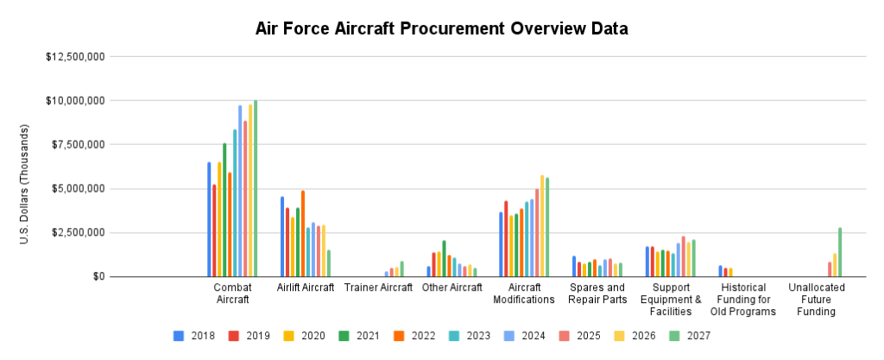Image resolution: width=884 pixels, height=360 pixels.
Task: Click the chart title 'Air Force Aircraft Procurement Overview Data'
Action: point(441,28)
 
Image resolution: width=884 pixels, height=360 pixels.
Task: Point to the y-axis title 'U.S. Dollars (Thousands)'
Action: point(25,183)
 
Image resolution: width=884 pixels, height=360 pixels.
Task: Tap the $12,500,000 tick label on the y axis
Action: point(75,57)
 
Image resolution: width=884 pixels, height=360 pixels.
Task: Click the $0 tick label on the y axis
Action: point(99,277)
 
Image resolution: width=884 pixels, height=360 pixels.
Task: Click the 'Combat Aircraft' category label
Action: point(231,294)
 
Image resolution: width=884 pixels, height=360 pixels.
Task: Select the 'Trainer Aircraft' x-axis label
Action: point(378,287)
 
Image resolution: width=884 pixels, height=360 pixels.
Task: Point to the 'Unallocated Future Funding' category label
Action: point(817,300)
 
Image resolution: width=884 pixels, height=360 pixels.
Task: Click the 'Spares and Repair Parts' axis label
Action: point(597,294)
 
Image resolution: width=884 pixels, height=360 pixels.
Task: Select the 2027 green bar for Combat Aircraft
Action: point(256,189)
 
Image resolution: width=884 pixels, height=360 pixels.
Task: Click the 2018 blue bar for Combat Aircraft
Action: point(209,219)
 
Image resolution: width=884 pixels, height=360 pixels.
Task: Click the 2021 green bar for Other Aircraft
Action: point(444,259)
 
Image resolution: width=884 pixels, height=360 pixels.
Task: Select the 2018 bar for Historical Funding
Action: point(721,271)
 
